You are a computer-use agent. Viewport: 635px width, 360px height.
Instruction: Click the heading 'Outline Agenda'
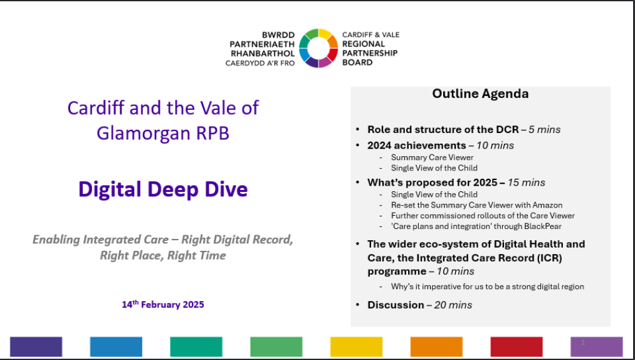pyautogui.click(x=480, y=93)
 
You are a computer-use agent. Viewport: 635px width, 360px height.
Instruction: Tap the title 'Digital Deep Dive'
pyautogui.click(x=163, y=189)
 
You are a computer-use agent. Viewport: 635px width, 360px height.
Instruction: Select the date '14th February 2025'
pyautogui.click(x=163, y=304)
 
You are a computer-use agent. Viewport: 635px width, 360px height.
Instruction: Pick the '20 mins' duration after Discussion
pyautogui.click(x=453, y=305)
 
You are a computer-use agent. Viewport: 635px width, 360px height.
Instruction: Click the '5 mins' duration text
pyautogui.click(x=545, y=130)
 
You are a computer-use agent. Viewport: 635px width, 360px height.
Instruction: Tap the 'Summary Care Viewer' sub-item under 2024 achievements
pyautogui.click(x=432, y=157)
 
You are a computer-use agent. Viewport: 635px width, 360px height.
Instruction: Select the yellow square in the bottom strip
pyautogui.click(x=357, y=347)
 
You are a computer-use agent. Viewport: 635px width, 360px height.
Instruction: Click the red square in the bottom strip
pyautogui.click(x=517, y=347)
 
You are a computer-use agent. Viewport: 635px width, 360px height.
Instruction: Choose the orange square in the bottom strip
pyautogui.click(x=436, y=347)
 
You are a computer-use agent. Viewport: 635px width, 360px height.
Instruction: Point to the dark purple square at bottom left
pyautogui.click(x=36, y=347)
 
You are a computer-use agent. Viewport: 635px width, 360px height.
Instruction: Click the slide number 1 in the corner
pyautogui.click(x=583, y=342)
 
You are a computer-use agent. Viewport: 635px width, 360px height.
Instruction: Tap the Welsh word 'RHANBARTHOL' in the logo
pyautogui.click(x=263, y=53)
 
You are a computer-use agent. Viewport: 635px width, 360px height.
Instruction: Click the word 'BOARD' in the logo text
pyautogui.click(x=357, y=63)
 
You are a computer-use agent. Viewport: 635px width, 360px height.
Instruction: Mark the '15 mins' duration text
pyautogui.click(x=527, y=183)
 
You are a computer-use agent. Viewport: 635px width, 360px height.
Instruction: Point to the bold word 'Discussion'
pyautogui.click(x=396, y=305)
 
